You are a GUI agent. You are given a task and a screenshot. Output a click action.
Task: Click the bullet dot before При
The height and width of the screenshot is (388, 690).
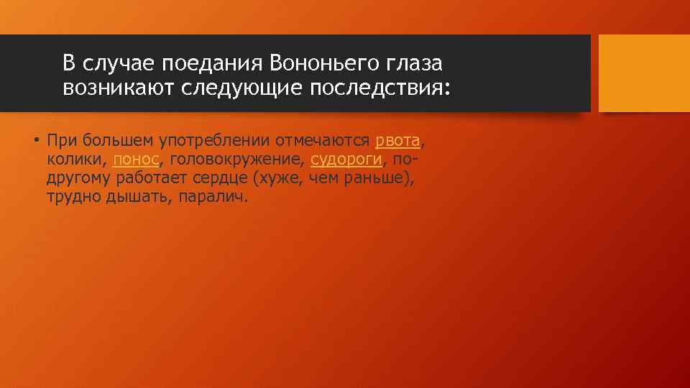coord(34,140)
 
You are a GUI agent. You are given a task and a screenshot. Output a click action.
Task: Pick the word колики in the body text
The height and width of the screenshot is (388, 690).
coord(72,159)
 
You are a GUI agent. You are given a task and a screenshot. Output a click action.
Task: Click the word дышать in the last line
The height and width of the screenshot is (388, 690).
coord(134,196)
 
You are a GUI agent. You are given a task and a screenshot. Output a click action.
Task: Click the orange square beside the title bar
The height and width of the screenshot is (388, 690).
coord(643,73)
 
